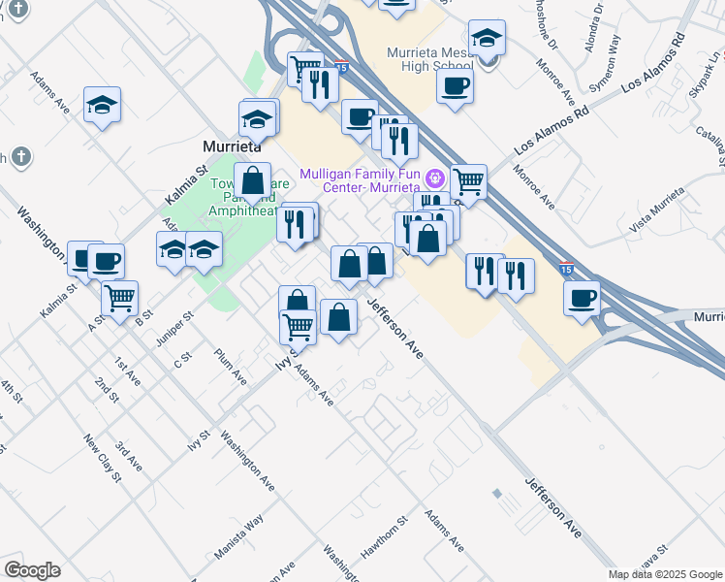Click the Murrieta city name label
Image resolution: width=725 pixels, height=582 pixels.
coord(233,145)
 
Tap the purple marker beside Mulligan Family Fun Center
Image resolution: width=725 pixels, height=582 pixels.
coord(435,177)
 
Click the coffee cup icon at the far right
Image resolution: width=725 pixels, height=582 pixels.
coord(582,298)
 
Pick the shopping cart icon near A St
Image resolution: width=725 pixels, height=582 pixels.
coord(119,297)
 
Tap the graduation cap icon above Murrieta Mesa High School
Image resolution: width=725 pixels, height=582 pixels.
coord(487,39)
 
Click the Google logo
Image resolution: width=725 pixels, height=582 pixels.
coord(32,570)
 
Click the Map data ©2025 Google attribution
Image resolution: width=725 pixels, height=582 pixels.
coord(665,574)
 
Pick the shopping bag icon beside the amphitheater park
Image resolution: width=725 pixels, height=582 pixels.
coord(252,180)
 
